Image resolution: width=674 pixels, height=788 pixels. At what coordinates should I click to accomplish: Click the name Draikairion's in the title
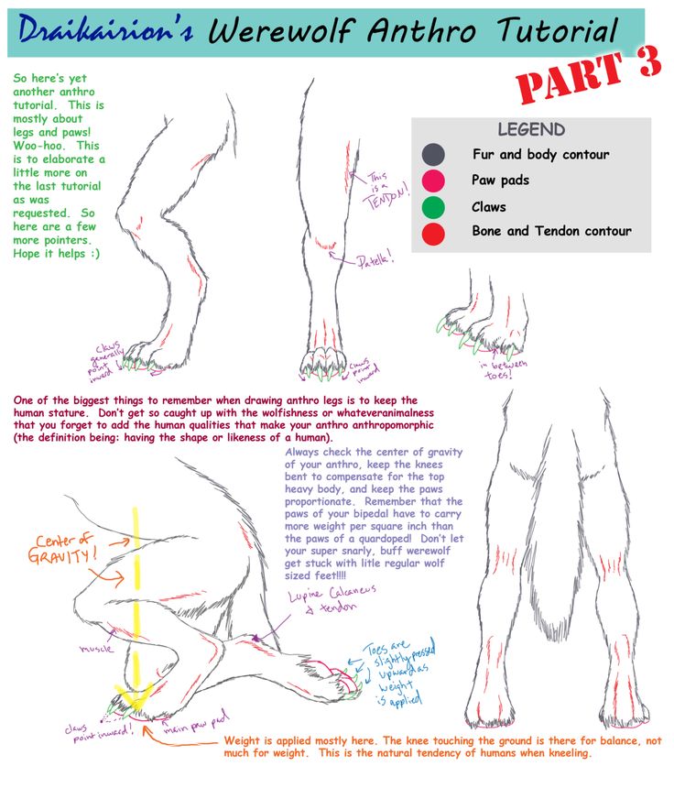pos(104,33)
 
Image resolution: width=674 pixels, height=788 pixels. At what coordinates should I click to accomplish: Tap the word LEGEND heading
pos(531,130)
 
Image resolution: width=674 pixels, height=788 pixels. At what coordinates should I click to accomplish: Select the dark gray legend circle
pos(433,155)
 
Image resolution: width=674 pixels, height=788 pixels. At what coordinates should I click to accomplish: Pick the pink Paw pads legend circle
pos(433,181)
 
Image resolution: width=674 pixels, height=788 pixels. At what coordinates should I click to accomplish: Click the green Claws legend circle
pos(433,207)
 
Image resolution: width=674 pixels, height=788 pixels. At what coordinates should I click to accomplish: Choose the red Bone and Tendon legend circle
pos(433,233)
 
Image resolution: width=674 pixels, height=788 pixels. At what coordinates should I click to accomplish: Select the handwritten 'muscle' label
pos(95,648)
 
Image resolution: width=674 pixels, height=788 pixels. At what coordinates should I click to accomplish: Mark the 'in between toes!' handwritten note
pos(504,368)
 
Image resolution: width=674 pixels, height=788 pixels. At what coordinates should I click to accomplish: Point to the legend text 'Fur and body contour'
pos(540,155)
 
